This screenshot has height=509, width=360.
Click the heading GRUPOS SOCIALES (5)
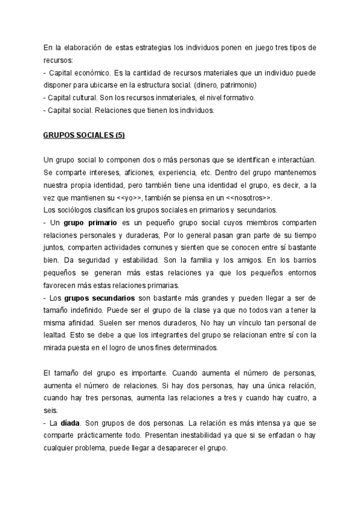[x=84, y=136]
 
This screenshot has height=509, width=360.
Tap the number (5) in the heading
[x=118, y=136]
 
